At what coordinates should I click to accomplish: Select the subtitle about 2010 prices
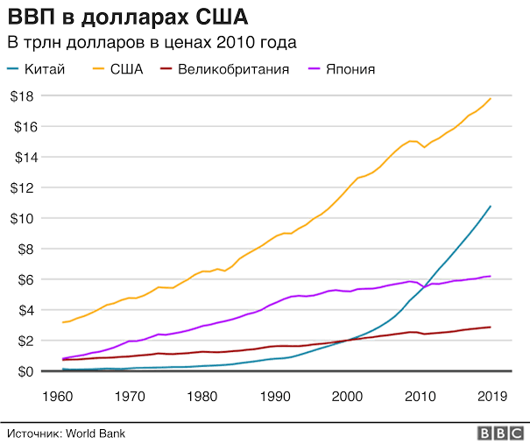point(152,42)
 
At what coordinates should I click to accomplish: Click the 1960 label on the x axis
point(55,395)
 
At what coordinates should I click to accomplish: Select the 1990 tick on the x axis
point(276,395)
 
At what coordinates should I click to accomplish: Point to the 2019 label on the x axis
point(490,395)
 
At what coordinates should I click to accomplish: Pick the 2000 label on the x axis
point(350,395)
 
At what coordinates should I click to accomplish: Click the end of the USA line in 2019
point(491,98)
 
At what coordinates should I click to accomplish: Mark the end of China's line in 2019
point(491,207)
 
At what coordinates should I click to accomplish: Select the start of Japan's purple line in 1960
point(63,358)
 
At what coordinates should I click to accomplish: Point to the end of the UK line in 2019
point(491,327)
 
